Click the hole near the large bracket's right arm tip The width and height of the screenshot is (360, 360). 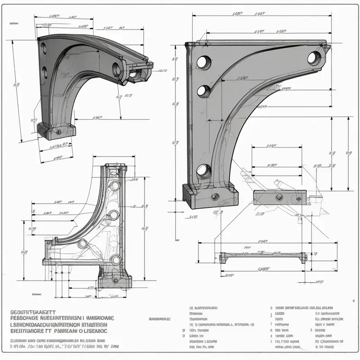pyautogui.click(x=314, y=58)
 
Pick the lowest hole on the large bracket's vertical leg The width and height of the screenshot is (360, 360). pyautogui.click(x=203, y=171)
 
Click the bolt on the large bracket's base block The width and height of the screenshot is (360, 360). pyautogui.click(x=215, y=196)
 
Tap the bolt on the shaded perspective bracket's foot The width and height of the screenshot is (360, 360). pyautogui.click(x=58, y=131)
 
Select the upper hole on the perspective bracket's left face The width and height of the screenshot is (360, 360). pyautogui.click(x=44, y=46)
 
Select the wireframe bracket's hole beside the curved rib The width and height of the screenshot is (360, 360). pyautogui.click(x=83, y=244)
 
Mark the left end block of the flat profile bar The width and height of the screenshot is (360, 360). pyautogui.click(x=223, y=257)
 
